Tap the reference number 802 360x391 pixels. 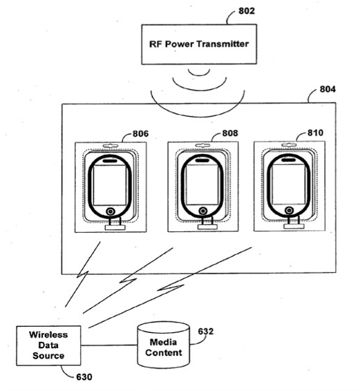(247, 11)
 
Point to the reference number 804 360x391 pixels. (328, 89)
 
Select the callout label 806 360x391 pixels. (140, 133)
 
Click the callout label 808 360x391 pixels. (230, 133)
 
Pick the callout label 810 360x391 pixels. (315, 133)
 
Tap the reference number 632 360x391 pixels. (206, 332)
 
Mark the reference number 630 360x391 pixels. (84, 376)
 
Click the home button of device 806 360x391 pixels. (111, 211)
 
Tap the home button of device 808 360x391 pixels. (203, 211)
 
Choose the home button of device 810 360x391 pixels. (289, 210)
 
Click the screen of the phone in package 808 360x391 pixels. (202, 184)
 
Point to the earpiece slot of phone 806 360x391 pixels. (110, 161)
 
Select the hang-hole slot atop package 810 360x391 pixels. (289, 145)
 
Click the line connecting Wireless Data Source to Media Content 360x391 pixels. (109, 345)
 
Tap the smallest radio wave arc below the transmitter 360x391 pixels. (199, 73)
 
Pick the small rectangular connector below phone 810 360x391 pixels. (294, 226)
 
